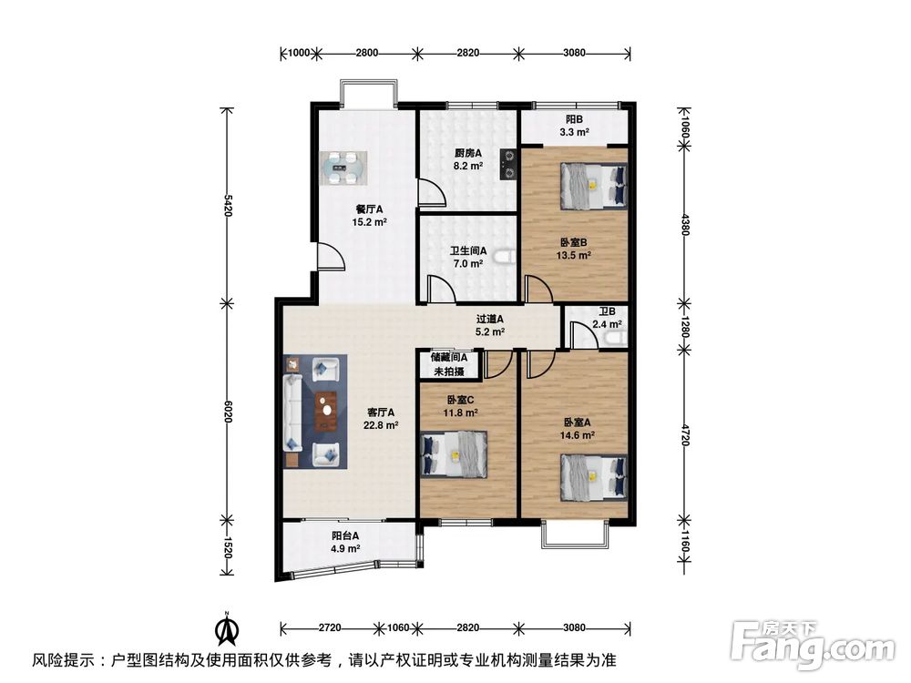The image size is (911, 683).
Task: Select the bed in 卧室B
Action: [593, 186]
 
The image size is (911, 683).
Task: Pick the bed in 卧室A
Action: [593, 476]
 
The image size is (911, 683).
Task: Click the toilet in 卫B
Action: [615, 340]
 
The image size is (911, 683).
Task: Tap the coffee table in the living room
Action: [325, 411]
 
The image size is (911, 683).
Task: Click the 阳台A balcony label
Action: [344, 535]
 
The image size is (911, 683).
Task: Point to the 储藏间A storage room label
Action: [448, 358]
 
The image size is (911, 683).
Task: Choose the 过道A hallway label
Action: [489, 319]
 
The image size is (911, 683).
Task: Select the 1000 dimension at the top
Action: [299, 53]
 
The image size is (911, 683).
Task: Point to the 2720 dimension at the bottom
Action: [330, 627]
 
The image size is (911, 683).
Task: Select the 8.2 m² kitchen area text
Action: [468, 167]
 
